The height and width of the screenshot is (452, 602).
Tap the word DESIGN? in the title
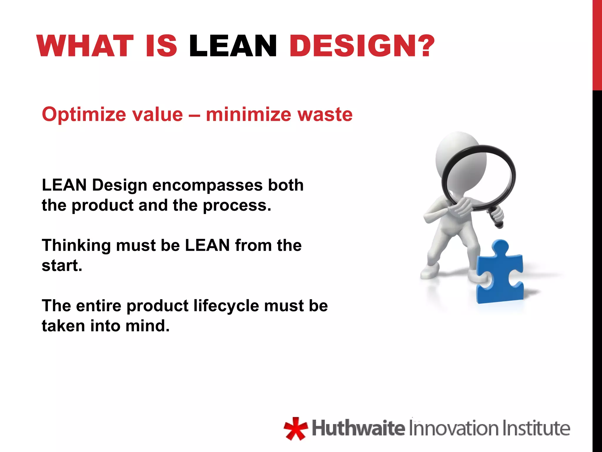click(x=362, y=46)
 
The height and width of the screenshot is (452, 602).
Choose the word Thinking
click(x=76, y=246)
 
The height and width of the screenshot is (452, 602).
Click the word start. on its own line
click(x=62, y=266)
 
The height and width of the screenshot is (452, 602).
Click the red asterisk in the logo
click(x=295, y=428)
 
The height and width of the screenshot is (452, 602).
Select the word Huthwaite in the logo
click(x=358, y=428)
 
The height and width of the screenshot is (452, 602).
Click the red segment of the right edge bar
click(x=597, y=44)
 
